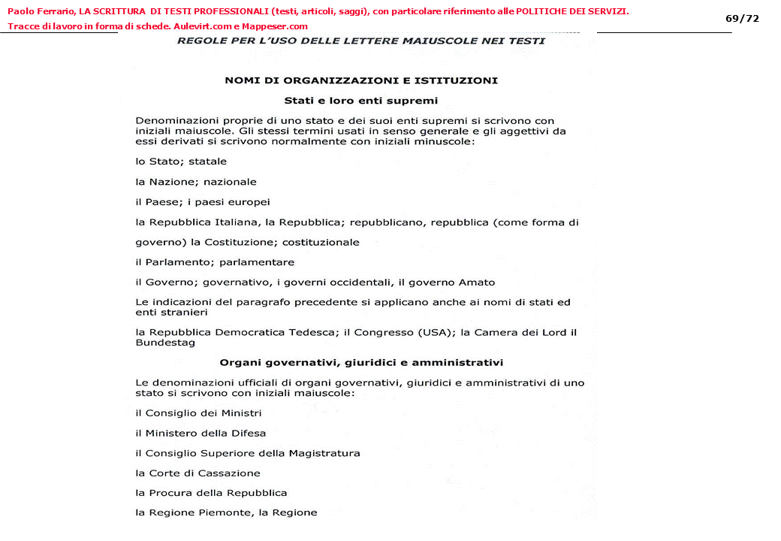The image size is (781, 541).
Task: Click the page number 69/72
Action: [x=742, y=18]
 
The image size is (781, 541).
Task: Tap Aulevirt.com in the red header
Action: [x=204, y=26]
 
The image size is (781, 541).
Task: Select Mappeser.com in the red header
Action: [x=275, y=26]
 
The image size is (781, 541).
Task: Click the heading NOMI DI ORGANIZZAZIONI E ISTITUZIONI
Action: [x=361, y=80]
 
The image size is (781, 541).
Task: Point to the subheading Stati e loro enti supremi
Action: [x=360, y=100]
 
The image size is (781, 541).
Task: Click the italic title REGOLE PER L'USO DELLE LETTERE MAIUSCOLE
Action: [x=360, y=41]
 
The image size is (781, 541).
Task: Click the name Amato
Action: [x=478, y=283]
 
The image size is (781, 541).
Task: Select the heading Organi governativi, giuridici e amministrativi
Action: [x=361, y=362]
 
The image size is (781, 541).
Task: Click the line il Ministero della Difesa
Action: [x=201, y=433]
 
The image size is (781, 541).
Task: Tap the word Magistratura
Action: [x=318, y=453]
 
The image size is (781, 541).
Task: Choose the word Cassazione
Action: [x=229, y=473]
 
